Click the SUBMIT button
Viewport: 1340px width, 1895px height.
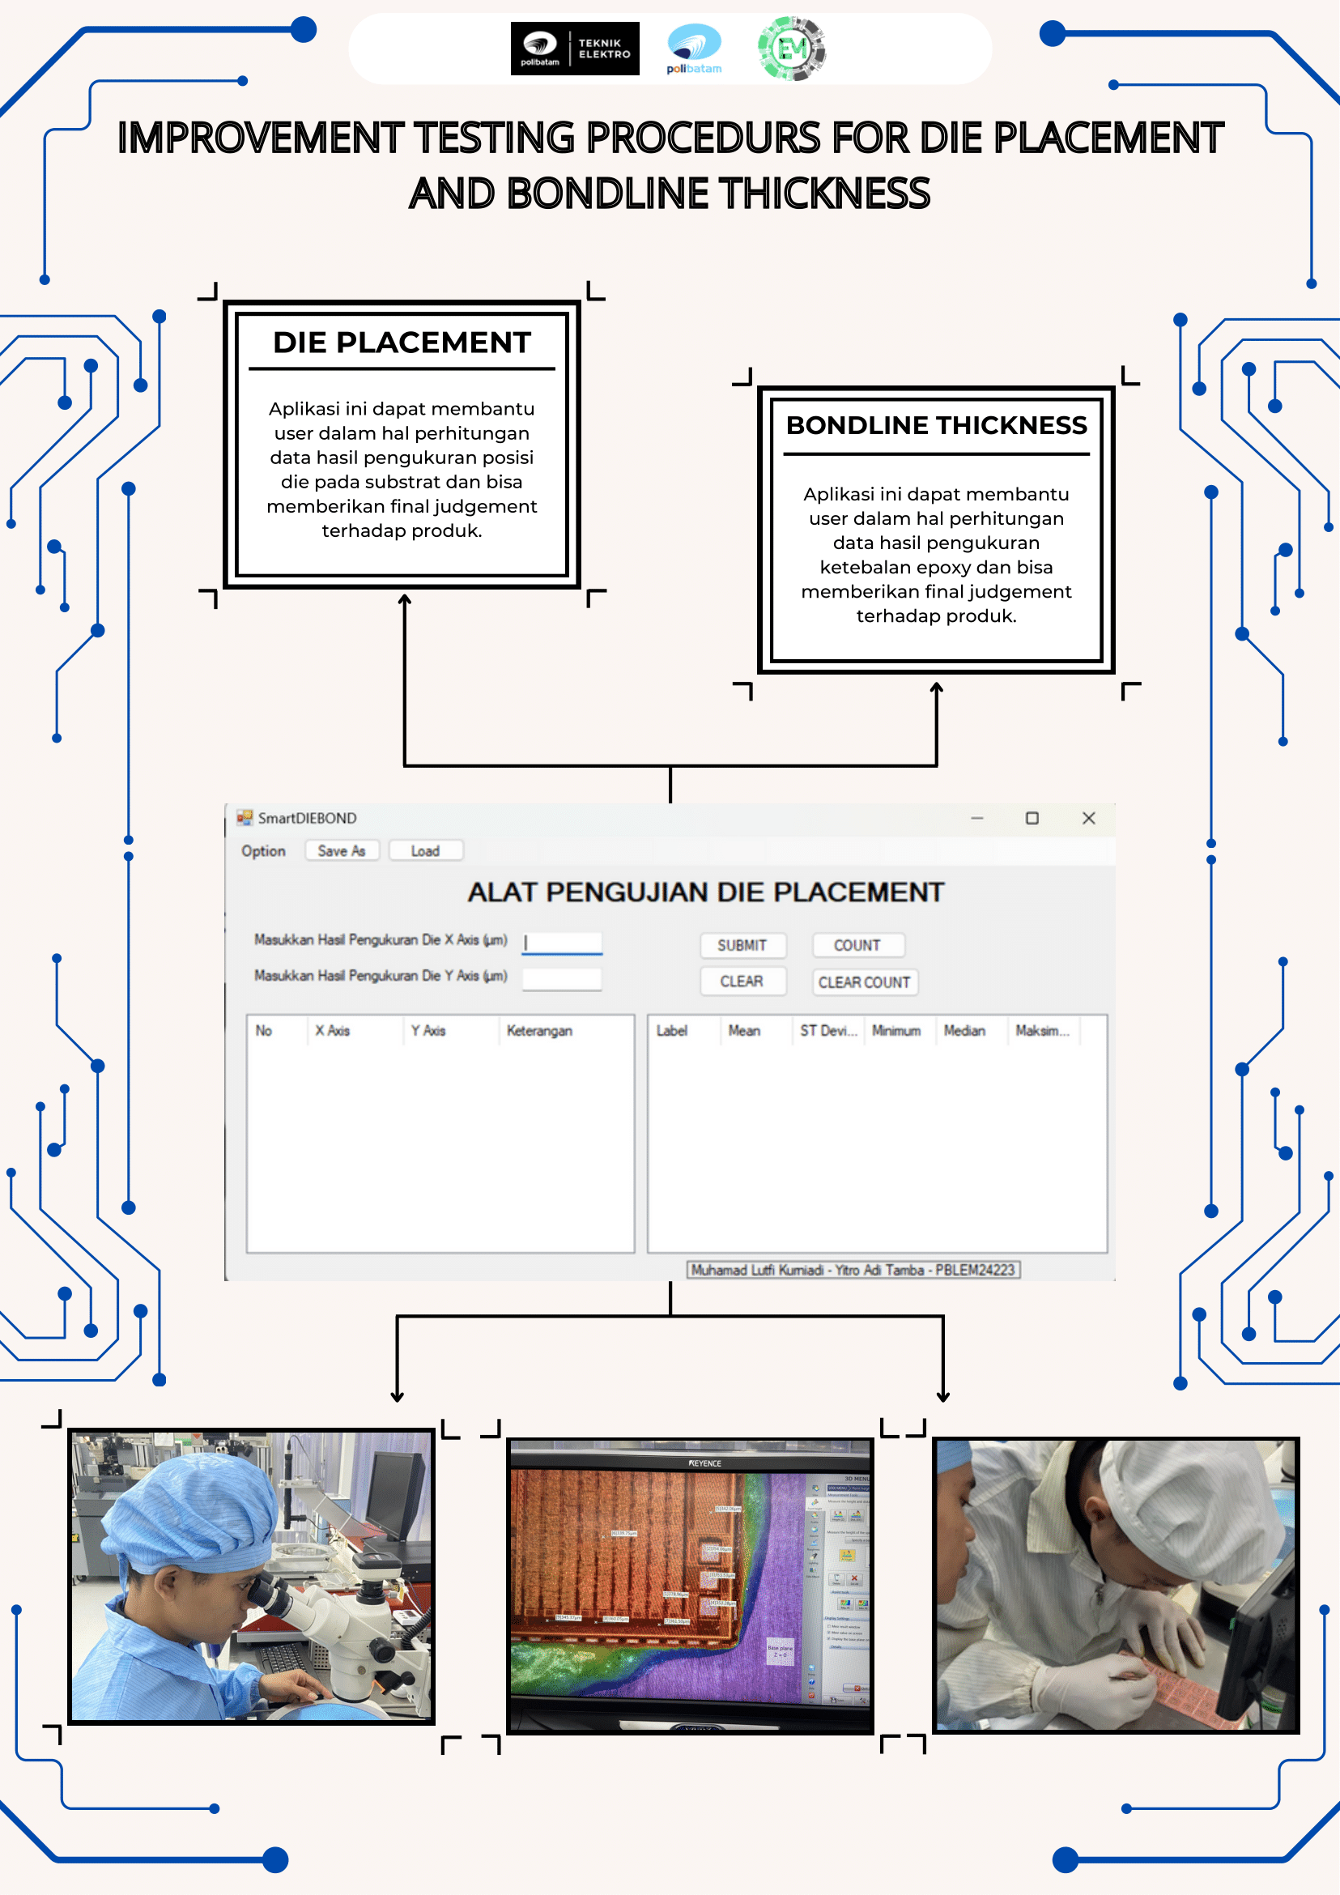[742, 945]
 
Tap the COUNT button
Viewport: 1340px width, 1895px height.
[857, 945]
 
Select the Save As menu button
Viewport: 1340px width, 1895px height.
[341, 851]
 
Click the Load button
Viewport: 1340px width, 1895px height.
[425, 851]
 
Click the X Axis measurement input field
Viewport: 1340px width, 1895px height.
[563, 943]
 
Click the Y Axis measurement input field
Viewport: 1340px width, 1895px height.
[563, 979]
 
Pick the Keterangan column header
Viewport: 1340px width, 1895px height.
[538, 1031]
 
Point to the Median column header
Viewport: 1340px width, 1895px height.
[964, 1031]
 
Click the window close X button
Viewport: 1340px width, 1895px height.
[1088, 818]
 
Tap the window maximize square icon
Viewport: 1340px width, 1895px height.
[1032, 818]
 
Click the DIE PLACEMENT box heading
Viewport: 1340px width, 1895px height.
[401, 343]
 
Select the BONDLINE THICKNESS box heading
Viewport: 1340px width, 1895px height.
[936, 425]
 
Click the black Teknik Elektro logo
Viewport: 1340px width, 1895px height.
[574, 49]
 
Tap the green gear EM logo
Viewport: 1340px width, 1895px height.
[791, 49]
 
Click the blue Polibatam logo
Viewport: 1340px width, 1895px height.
[694, 49]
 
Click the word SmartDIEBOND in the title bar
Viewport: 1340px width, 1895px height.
[307, 818]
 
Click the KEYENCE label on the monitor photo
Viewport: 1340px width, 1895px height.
[704, 1463]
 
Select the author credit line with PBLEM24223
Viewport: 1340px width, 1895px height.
[853, 1270]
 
